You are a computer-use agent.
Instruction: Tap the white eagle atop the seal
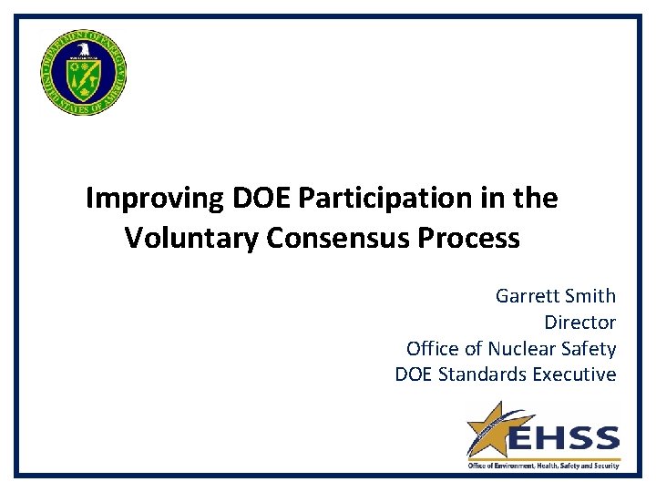[x=83, y=50]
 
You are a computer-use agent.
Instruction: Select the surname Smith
[x=590, y=296]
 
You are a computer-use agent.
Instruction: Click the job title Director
[x=579, y=323]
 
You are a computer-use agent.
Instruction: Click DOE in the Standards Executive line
[x=415, y=374]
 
